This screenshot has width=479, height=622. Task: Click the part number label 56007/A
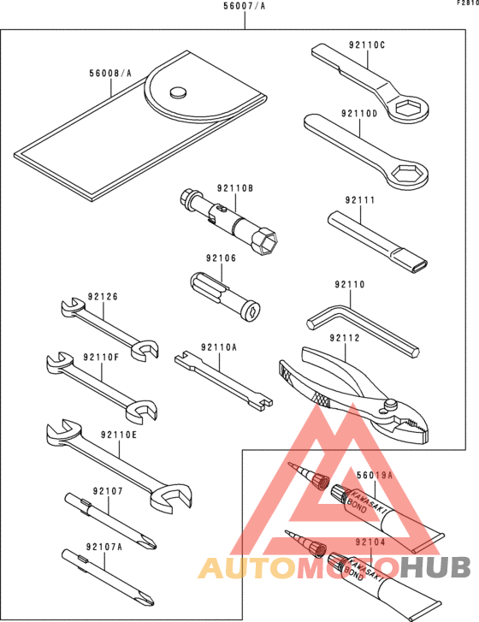[245, 6]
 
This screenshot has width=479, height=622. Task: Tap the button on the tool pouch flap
[178, 92]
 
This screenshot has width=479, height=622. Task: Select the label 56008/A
[110, 73]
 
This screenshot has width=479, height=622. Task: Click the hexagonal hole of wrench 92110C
[407, 107]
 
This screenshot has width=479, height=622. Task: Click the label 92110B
[234, 188]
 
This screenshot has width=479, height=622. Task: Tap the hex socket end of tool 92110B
[267, 241]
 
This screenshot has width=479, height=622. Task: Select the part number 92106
[221, 258]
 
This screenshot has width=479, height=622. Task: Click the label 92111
[359, 200]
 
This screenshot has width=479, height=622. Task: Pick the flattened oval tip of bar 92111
[419, 265]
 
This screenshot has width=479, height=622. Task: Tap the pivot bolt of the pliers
[390, 405]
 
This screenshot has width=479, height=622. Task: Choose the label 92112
[345, 338]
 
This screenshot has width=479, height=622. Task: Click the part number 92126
[103, 297]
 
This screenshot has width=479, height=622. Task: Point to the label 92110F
[101, 357]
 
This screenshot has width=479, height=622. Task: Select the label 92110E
[119, 435]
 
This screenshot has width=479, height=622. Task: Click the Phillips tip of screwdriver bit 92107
[150, 542]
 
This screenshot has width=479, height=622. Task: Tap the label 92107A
[103, 547]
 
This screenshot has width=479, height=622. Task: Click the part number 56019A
[375, 475]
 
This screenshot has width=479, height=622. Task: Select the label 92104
[370, 542]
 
